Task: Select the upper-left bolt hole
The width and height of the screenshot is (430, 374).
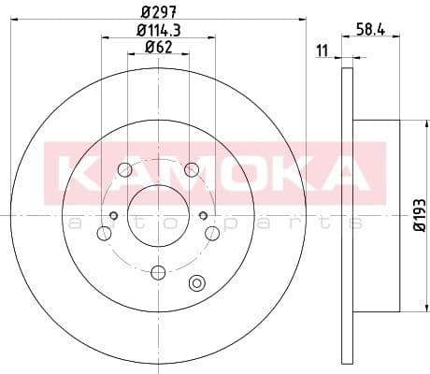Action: (x=124, y=169)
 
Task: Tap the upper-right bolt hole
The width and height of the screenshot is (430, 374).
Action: (x=192, y=169)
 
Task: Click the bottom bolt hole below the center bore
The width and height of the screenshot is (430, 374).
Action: (x=158, y=272)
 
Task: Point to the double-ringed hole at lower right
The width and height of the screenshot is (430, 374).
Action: (x=196, y=283)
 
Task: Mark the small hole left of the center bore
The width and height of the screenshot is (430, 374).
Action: (x=114, y=216)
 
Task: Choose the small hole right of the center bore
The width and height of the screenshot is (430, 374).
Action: (x=203, y=216)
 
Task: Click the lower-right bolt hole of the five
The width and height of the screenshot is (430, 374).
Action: (x=212, y=233)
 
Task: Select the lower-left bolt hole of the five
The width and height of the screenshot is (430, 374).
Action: (x=104, y=233)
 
